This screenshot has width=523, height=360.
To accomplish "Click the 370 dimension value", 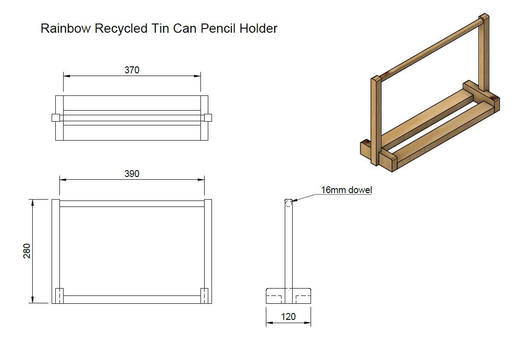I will tap(132, 70).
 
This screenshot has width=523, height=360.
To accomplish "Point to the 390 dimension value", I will tap(132, 174).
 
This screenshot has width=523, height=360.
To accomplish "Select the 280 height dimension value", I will tap(27, 251).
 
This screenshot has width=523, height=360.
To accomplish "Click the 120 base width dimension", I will tap(288, 317).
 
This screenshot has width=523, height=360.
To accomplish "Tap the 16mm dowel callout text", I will tap(346, 190).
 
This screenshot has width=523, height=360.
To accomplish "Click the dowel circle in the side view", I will tap(288, 203).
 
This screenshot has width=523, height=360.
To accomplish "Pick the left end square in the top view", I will tap(55, 118).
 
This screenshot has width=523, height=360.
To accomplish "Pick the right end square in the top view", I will tap(208, 118).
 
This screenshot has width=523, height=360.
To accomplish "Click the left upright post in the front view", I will tap(56, 244).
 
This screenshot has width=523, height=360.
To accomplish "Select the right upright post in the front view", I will tap(208, 244).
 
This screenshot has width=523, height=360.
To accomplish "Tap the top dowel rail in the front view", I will tap(132, 203).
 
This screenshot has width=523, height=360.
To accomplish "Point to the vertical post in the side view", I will tap(288, 249).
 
